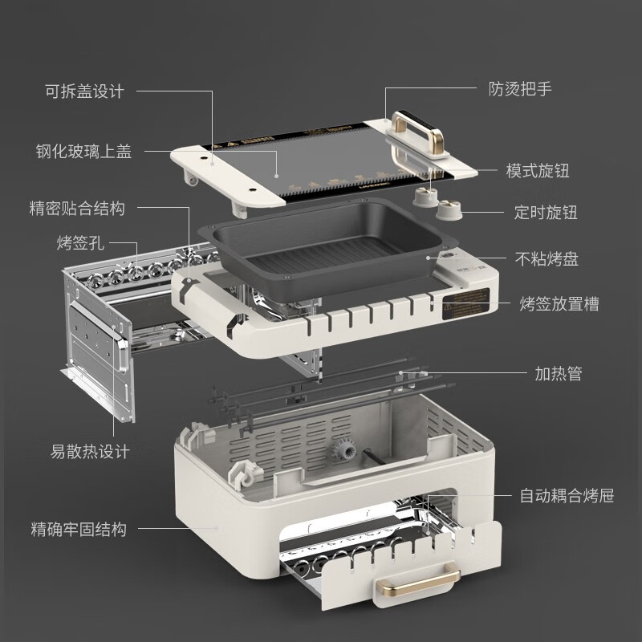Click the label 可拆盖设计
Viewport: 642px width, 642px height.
[84, 91]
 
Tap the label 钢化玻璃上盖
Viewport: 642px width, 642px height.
[84, 150]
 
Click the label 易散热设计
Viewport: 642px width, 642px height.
[89, 452]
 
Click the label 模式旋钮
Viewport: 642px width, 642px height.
[543, 171]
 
